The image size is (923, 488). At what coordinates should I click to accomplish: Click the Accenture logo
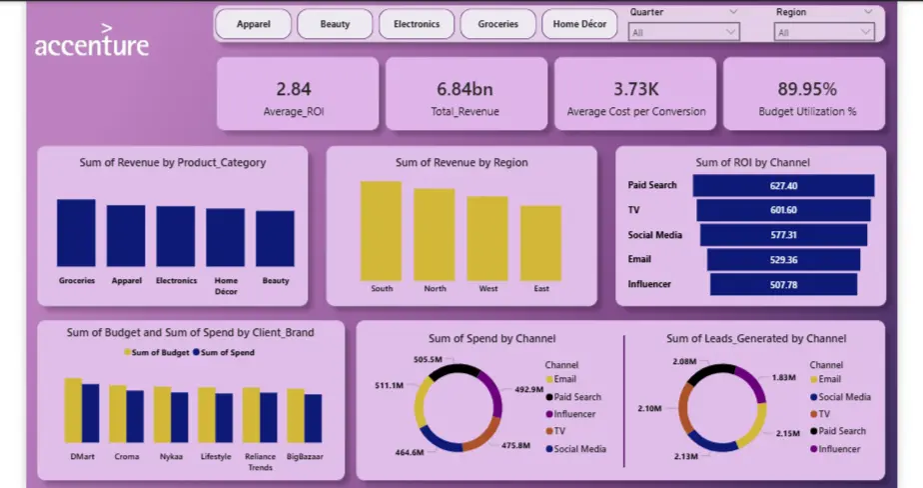click(92, 45)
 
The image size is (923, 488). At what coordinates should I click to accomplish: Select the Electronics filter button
click(417, 24)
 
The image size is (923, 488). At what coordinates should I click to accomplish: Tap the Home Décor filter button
click(579, 24)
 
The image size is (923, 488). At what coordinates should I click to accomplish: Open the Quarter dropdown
click(684, 32)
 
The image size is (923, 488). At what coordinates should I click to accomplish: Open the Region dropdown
click(824, 32)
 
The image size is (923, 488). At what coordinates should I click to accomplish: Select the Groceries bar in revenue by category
click(76, 233)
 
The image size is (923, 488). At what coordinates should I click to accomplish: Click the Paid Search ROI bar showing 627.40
click(783, 185)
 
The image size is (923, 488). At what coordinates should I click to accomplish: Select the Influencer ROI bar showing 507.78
click(783, 284)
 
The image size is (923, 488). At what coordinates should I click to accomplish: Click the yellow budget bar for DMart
click(73, 410)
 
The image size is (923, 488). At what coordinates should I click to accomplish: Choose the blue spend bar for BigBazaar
click(314, 418)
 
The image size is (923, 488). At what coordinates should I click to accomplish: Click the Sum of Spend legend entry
click(225, 353)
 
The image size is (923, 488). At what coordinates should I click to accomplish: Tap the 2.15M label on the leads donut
click(786, 433)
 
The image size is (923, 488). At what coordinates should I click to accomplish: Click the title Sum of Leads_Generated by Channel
click(755, 339)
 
